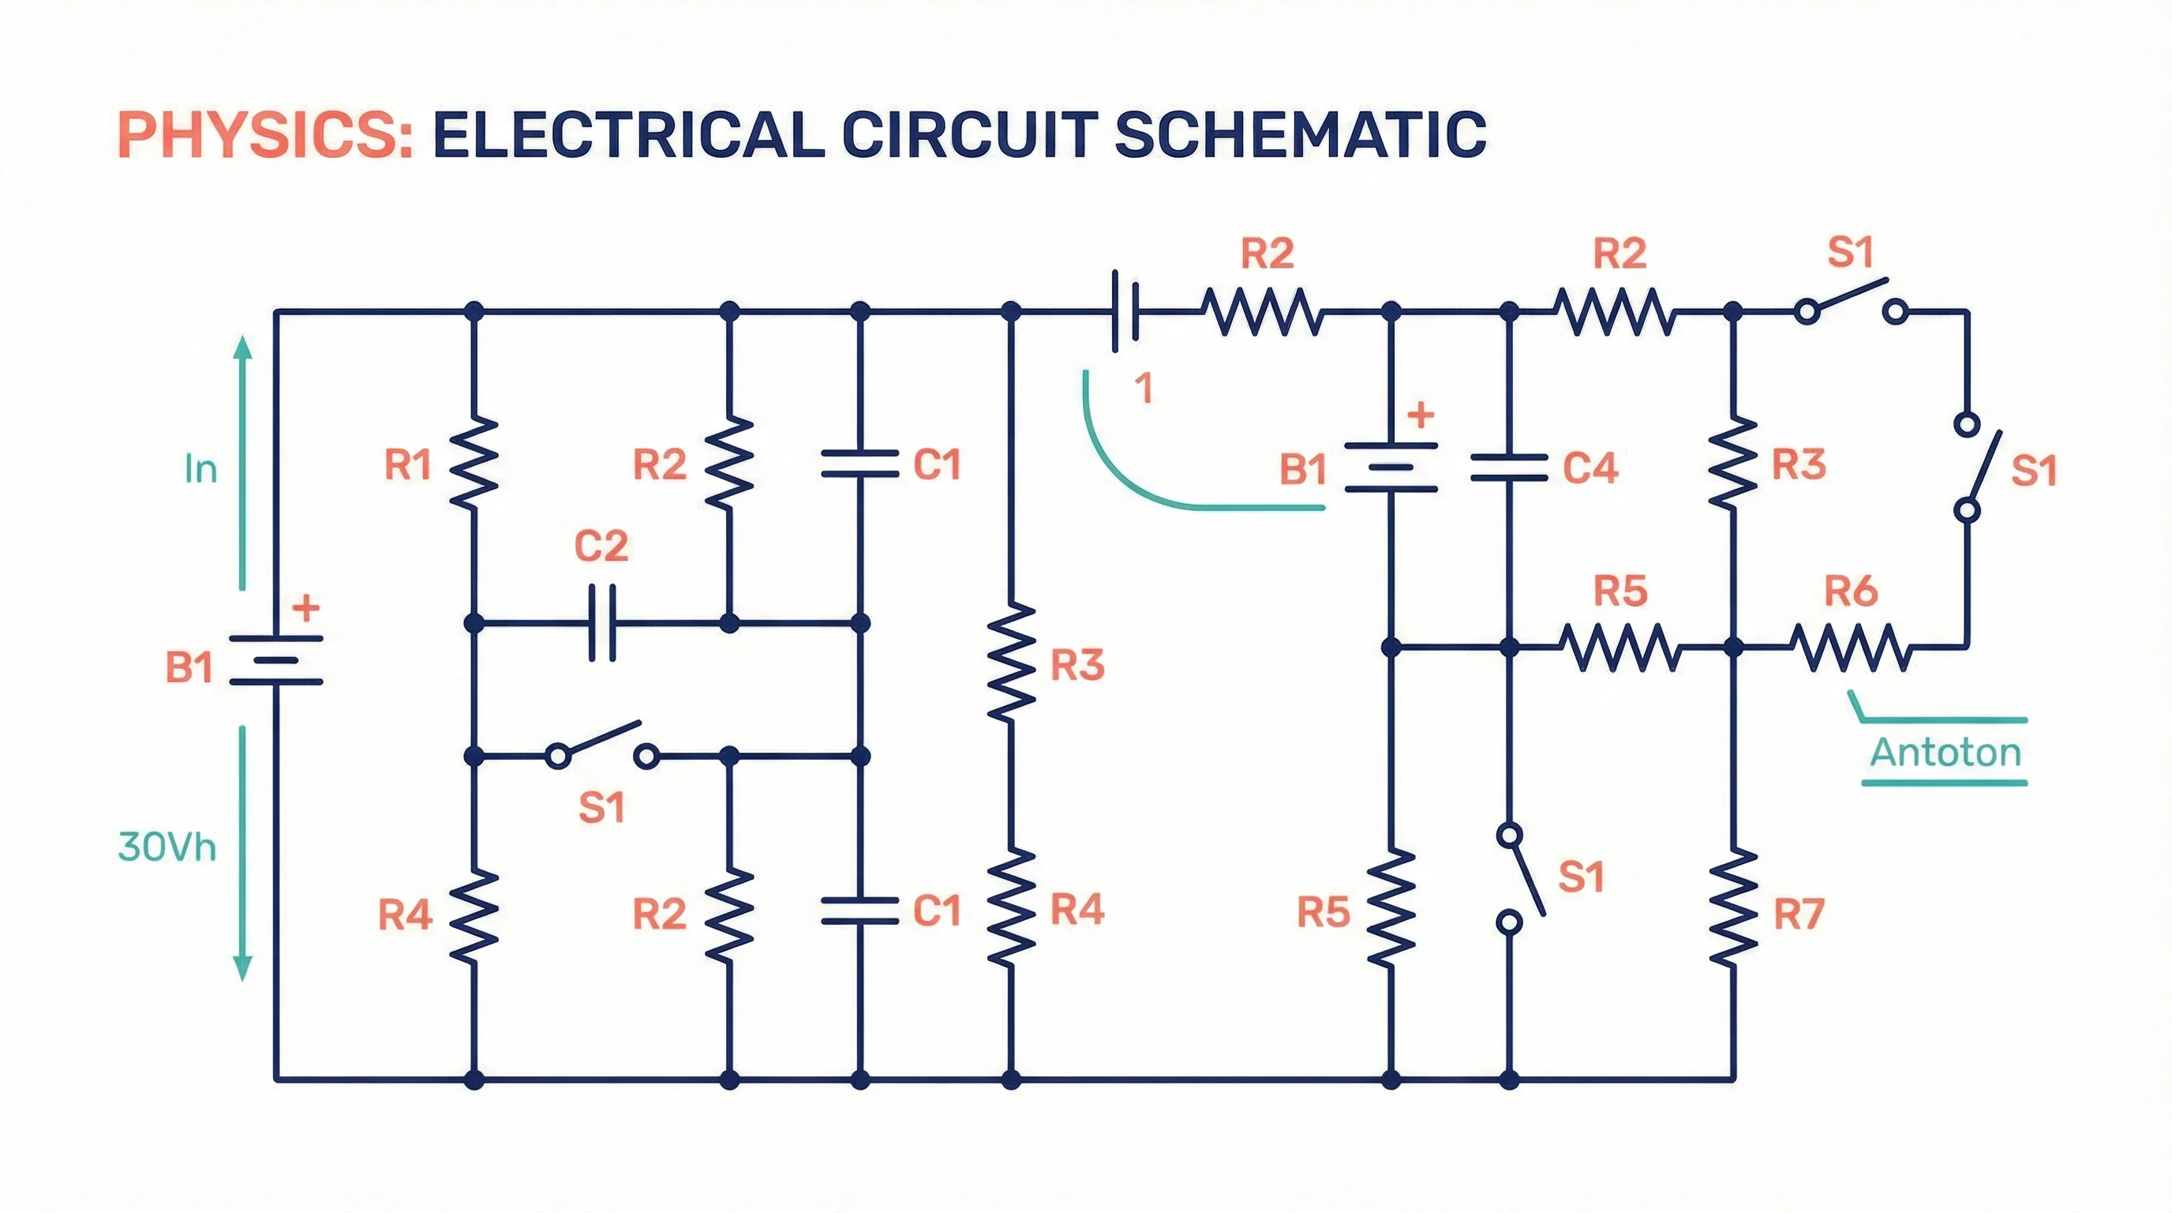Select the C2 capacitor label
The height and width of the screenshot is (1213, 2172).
(601, 546)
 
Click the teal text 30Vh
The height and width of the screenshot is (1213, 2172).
(167, 847)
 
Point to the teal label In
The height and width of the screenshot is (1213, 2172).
(200, 469)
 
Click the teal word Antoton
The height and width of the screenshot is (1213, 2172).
(1945, 753)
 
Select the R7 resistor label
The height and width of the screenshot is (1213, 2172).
(1799, 914)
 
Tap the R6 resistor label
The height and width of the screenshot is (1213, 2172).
(1851, 591)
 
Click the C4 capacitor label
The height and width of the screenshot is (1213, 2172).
(1590, 468)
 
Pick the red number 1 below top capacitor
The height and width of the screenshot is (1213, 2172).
(1143, 389)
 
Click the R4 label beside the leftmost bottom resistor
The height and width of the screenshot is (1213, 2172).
(405, 914)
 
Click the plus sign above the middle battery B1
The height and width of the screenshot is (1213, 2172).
(1421, 415)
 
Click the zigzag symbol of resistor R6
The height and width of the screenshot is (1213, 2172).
(1851, 648)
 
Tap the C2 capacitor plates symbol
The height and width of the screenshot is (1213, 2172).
(602, 623)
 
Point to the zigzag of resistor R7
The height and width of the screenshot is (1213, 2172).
(1733, 909)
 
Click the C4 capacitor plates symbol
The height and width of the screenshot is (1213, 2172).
(1509, 468)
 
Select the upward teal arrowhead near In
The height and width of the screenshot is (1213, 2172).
(243, 347)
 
